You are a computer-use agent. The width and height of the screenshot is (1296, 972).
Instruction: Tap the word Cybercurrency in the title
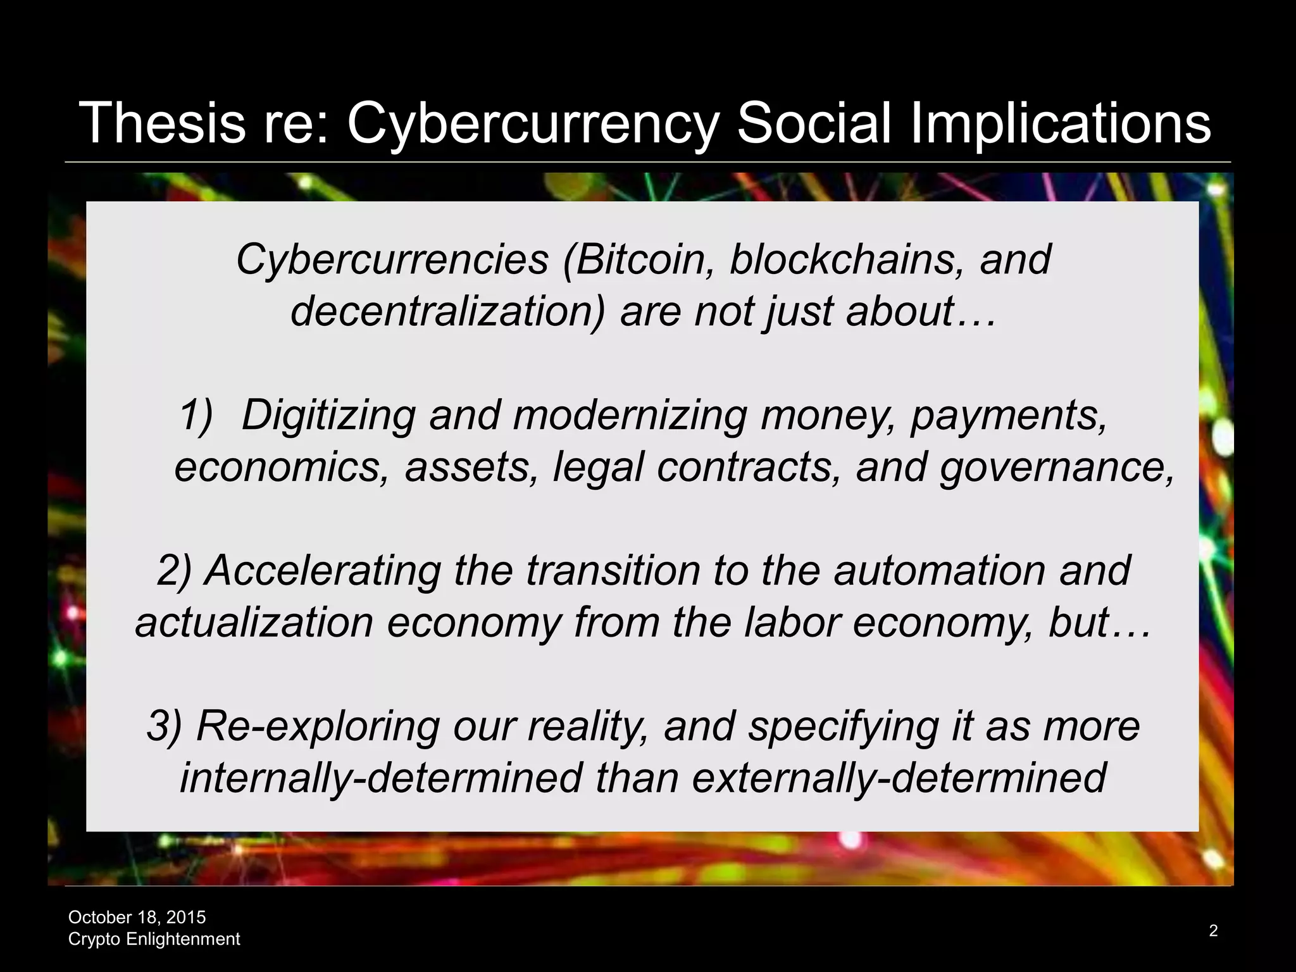(x=532, y=124)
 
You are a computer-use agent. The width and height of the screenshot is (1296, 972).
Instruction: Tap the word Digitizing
(x=328, y=416)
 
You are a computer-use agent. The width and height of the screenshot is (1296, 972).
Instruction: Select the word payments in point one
(x=1009, y=416)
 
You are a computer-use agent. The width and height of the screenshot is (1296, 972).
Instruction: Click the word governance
(x=1056, y=468)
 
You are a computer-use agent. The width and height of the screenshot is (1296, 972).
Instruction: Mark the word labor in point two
(x=792, y=623)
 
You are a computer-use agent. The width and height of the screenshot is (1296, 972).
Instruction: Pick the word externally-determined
(x=899, y=778)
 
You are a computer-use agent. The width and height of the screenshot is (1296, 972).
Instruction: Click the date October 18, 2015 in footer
(x=137, y=917)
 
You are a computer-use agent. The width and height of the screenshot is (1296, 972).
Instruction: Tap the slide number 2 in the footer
(x=1213, y=930)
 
